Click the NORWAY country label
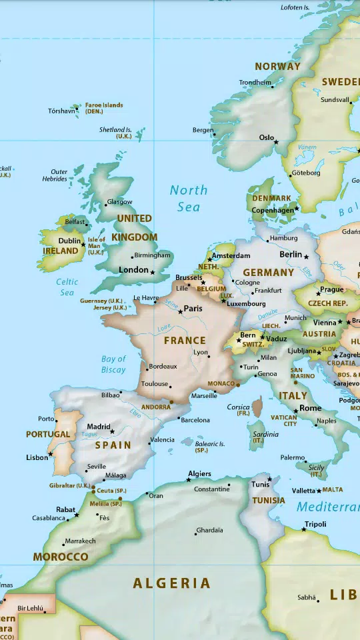coord(277,67)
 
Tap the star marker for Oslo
coord(276,142)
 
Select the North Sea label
coord(189,198)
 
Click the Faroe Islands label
coord(104,105)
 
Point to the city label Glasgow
coord(120,202)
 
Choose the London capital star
coord(153,272)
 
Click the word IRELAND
coord(61,251)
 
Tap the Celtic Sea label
coord(67,287)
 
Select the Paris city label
coord(193,309)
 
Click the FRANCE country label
coord(185,341)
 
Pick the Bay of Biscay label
coord(113,364)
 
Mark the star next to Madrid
coord(112,431)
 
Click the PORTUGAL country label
coord(48,434)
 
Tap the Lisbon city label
coord(37,457)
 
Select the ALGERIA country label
coord(172,583)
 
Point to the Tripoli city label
coord(315,524)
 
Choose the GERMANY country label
coord(268,273)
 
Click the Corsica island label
coord(239,407)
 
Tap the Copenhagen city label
coord(272,211)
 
